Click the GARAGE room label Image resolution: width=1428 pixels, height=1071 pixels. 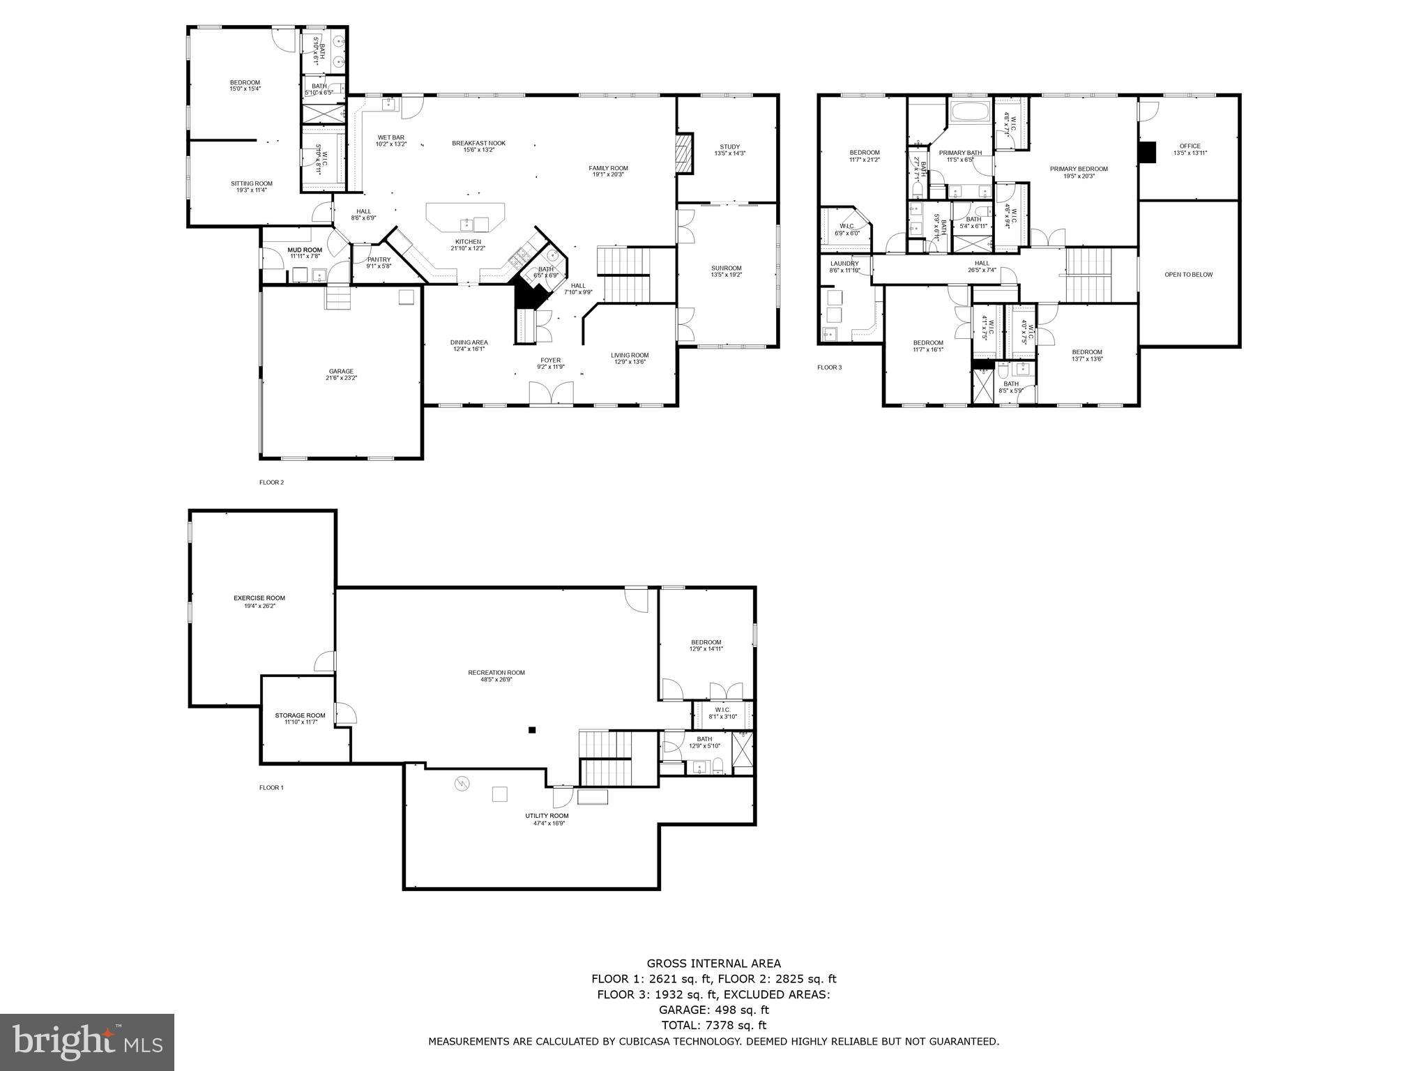[341, 371]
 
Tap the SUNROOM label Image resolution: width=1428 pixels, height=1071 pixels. [726, 268]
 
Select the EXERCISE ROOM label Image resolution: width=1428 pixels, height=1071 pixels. [259, 598]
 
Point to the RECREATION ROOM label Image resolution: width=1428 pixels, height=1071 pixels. [496, 673]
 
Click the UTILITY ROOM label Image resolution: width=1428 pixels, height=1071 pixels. [547, 816]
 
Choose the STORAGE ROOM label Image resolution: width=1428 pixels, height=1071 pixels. [300, 715]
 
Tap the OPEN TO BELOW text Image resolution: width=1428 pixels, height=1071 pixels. [1188, 275]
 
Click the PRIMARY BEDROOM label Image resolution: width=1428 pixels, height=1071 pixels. [1078, 169]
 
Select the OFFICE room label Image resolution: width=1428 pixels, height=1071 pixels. [1190, 146]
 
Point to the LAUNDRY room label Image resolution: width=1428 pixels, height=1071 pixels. [844, 264]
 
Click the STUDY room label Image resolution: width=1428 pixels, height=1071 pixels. [729, 147]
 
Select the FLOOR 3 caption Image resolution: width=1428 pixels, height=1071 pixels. [829, 367]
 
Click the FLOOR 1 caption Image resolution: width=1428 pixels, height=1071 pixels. [271, 787]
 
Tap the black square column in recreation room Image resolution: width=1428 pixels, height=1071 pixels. [532, 730]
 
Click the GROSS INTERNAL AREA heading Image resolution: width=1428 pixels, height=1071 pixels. [713, 964]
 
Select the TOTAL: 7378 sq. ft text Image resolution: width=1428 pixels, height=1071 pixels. [713, 1025]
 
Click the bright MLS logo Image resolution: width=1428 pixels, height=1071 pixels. [87, 1041]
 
